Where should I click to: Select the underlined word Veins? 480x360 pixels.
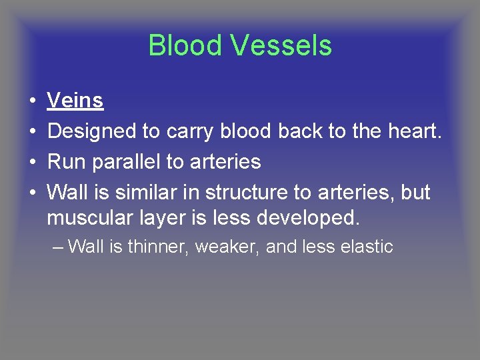coord(75,101)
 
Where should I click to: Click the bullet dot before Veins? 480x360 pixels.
coord(32,101)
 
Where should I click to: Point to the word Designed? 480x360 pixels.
coord(92,131)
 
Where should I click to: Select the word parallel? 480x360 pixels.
coord(125,162)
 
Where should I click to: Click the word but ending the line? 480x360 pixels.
coord(415,193)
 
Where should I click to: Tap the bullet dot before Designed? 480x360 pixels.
coord(32,132)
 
